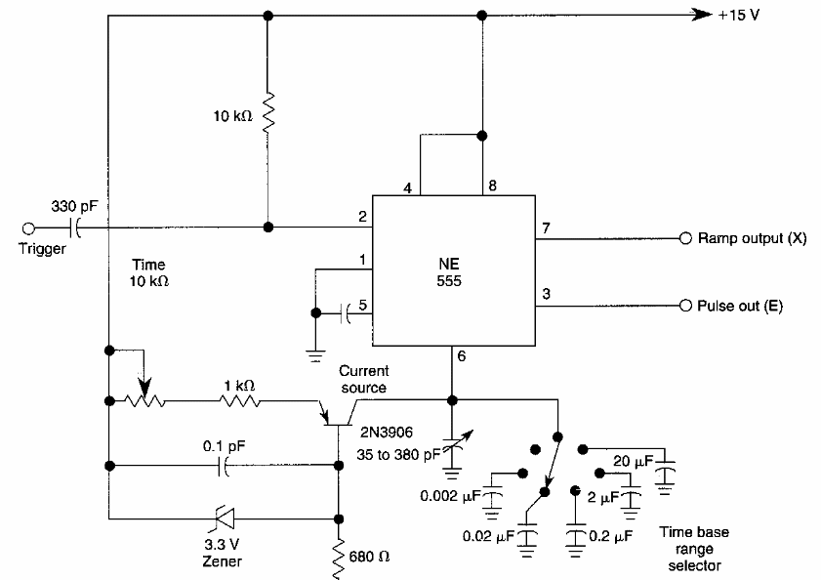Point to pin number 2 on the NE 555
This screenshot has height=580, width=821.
point(361,217)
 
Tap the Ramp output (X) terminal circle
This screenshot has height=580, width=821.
point(685,238)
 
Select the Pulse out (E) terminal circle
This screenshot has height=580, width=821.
point(685,305)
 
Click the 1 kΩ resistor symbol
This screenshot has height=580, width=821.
point(240,400)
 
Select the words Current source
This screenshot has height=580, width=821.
point(363,379)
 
